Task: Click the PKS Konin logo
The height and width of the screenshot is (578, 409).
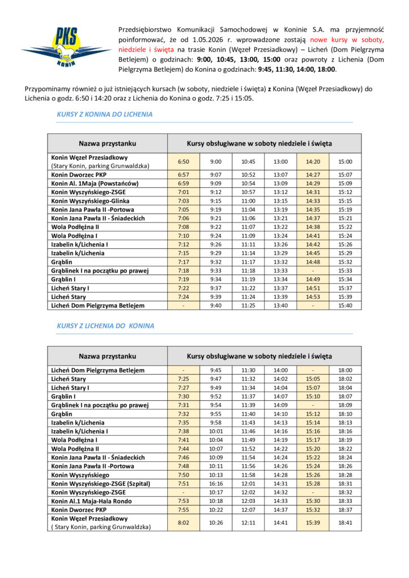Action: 67,48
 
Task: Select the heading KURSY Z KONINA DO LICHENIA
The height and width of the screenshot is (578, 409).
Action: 105,114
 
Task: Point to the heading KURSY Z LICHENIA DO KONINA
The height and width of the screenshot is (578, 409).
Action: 106,326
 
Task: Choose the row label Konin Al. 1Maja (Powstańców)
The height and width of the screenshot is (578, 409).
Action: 95,183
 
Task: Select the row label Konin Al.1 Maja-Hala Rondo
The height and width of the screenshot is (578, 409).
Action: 92,501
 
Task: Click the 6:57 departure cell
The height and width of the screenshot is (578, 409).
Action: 184,175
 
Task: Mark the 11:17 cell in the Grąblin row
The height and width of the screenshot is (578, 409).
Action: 249,262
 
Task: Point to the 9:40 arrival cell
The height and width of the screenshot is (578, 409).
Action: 216,305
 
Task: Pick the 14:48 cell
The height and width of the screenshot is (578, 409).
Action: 313,262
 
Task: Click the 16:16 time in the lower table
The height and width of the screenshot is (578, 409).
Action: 216,483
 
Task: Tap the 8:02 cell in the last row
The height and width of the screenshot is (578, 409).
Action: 184,523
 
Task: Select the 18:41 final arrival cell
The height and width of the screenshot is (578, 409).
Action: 345,523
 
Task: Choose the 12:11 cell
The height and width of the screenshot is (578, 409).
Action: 249,523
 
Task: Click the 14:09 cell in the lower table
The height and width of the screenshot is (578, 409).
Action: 281,405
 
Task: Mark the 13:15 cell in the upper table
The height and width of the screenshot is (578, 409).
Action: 281,200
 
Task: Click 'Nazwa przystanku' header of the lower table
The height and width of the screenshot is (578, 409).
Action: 107,356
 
